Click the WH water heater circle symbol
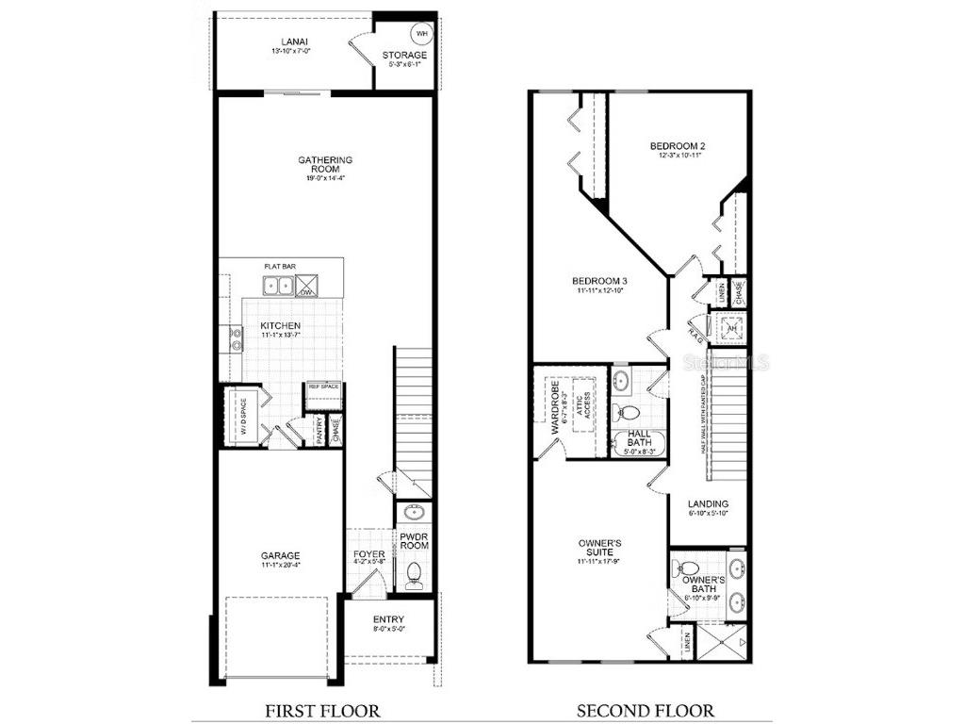pyautogui.click(x=421, y=33)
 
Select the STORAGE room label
pyautogui.click(x=403, y=56)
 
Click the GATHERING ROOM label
pyautogui.click(x=324, y=164)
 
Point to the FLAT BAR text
pyautogui.click(x=280, y=267)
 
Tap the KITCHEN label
pyautogui.click(x=281, y=326)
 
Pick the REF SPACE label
pyautogui.click(x=322, y=387)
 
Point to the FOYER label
pyautogui.click(x=368, y=554)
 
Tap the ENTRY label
pyautogui.click(x=388, y=619)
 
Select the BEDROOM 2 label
pyautogui.click(x=678, y=146)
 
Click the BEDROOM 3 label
pyautogui.click(x=600, y=281)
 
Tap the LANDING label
pyautogui.click(x=708, y=504)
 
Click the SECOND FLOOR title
pyautogui.click(x=645, y=710)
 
